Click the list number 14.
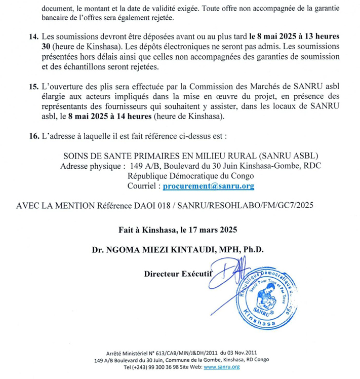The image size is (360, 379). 34,36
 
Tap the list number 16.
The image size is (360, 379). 34,136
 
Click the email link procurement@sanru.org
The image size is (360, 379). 208,186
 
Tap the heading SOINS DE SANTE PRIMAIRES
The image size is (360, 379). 117,156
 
